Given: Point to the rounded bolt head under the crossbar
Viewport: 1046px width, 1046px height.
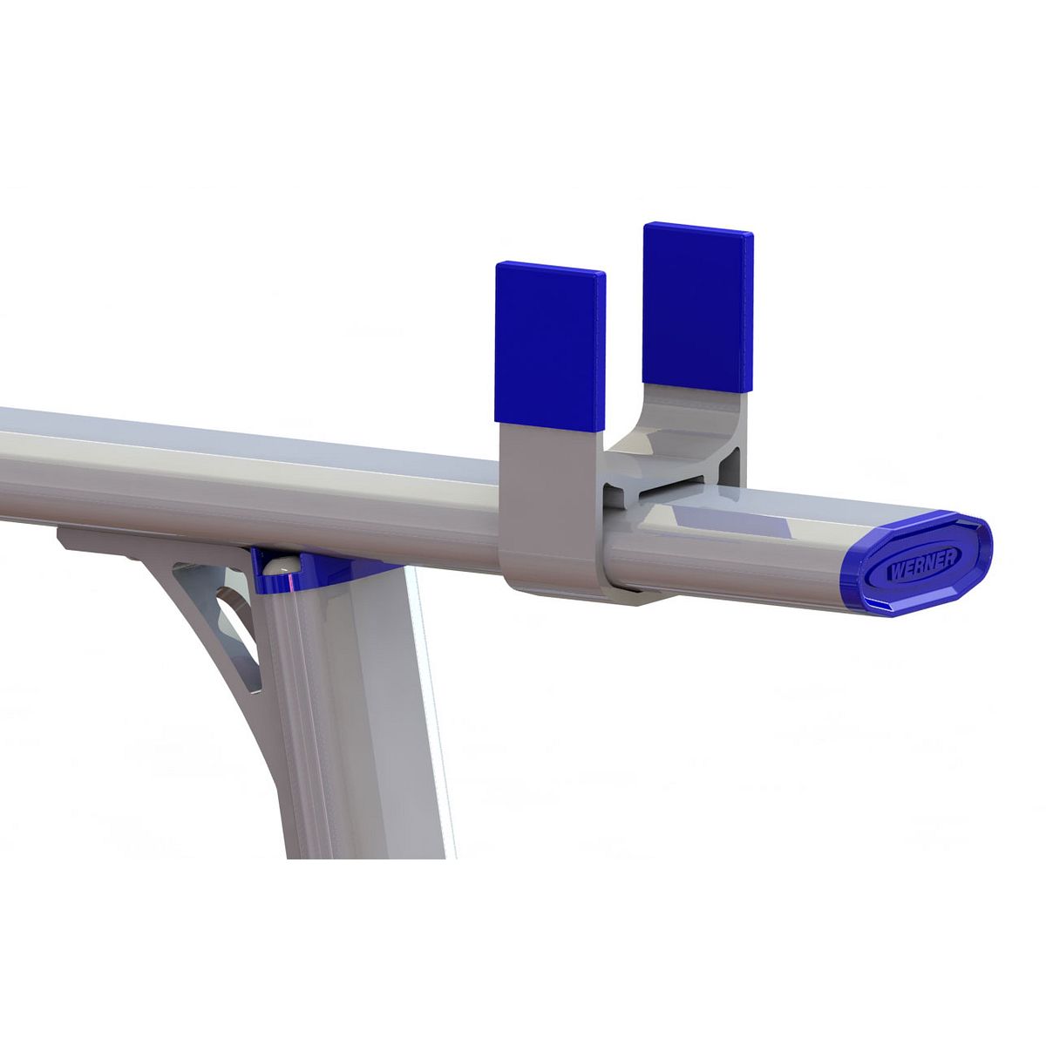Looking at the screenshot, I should (277, 566).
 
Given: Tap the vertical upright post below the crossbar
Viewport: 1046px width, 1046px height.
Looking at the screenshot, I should (357, 715).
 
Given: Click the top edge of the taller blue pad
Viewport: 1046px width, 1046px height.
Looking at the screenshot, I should (697, 228).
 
